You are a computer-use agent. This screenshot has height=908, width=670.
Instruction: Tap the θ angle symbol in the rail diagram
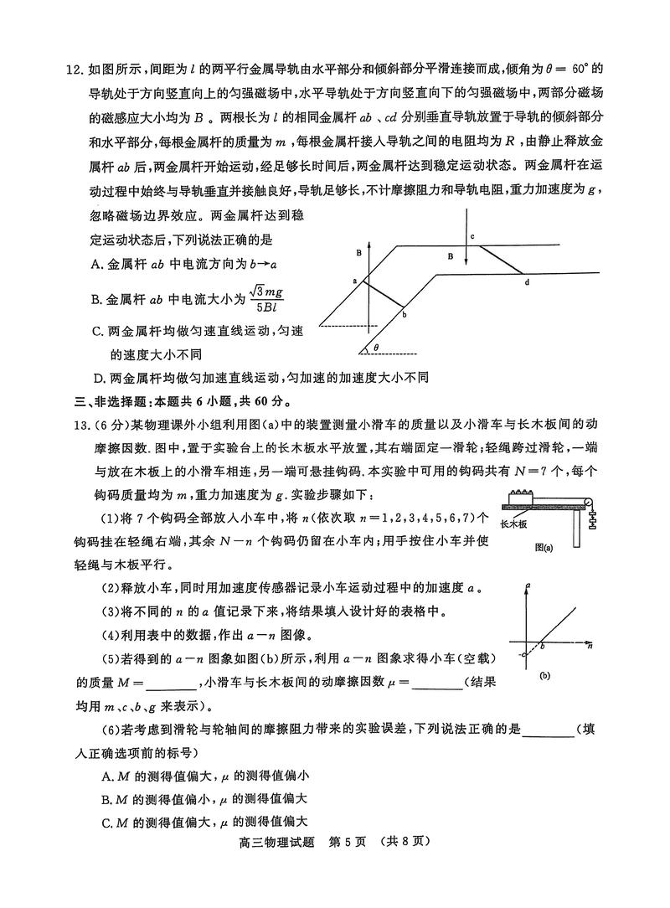pos(376,346)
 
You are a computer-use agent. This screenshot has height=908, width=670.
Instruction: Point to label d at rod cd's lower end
pos(527,282)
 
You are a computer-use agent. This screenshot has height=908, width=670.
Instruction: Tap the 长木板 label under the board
pos(513,525)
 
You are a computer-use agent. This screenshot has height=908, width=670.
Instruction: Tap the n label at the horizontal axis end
pos(590,647)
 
